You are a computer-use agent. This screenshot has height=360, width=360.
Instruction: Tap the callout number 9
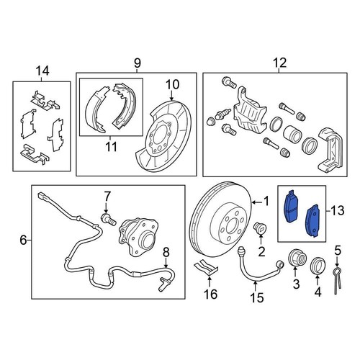pyautogui.click(x=137, y=63)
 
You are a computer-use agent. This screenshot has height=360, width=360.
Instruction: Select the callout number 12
pyautogui.click(x=274, y=63)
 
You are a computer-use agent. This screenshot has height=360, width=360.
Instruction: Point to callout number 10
pyautogui.click(x=173, y=85)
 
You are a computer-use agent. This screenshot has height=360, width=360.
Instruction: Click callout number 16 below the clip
pyautogui.click(x=209, y=294)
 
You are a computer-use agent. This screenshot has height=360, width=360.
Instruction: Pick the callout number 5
pyautogui.click(x=336, y=251)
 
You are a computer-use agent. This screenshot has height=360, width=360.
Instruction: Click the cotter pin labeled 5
pyautogui.click(x=338, y=281)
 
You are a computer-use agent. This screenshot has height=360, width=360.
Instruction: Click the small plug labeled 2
pyautogui.click(x=260, y=231)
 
